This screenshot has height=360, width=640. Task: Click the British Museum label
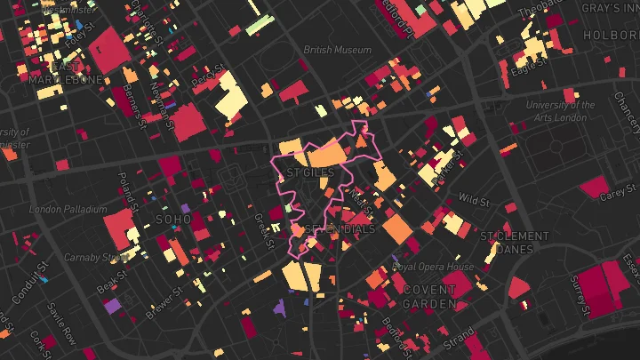(337, 50)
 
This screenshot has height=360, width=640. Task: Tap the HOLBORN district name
(611, 35)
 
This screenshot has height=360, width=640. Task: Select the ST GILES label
(310, 172)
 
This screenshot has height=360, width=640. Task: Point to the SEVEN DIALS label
(340, 229)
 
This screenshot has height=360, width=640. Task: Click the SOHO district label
(173, 219)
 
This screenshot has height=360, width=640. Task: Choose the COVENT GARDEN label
(430, 297)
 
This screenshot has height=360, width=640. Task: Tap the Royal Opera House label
(433, 267)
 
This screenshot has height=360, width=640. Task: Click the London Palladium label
(68, 210)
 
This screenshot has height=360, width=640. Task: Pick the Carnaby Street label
(96, 258)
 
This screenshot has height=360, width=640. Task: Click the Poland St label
(127, 190)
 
